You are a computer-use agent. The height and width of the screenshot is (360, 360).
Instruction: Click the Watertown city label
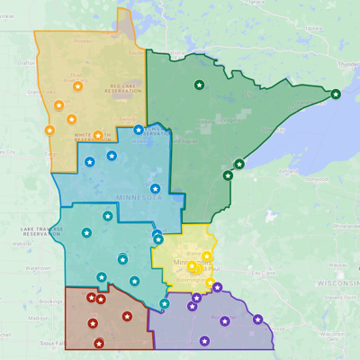pyautogui.click(x=38, y=268)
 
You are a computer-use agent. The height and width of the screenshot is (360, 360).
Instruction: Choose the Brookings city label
pyautogui.click(x=49, y=301)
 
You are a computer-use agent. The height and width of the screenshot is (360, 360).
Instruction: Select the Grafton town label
pyautogui.click(x=24, y=62)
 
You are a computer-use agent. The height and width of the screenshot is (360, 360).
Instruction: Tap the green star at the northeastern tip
pyautogui.click(x=336, y=94)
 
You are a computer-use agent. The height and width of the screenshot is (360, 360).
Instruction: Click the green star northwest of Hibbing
pyautogui.click(x=199, y=85)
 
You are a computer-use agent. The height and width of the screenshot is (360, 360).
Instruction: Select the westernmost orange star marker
pyautogui.click(x=51, y=130)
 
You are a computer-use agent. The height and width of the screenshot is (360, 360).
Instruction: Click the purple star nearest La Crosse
pyautogui.click(x=258, y=319)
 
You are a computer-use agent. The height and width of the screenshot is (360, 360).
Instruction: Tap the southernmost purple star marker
pyautogui.click(x=204, y=340)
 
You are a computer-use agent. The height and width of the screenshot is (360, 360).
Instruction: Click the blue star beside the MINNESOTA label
pyautogui.click(x=155, y=189)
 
